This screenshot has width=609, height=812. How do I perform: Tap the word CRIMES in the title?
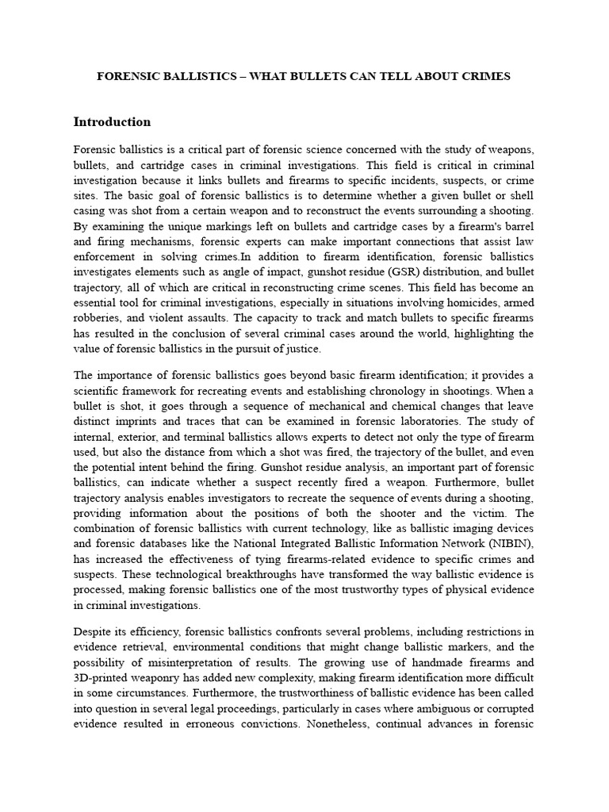coord(484,76)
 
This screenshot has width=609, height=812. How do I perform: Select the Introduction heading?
coord(112,122)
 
